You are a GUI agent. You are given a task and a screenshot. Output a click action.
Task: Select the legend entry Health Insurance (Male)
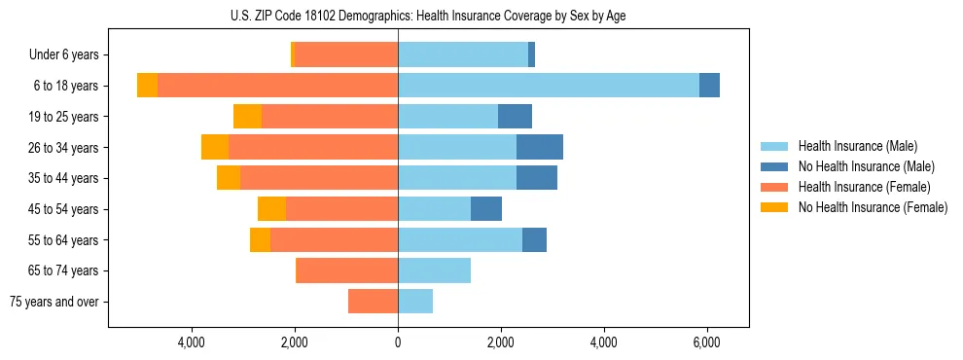click(x=857, y=146)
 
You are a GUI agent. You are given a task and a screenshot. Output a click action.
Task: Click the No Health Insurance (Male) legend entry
click(x=865, y=166)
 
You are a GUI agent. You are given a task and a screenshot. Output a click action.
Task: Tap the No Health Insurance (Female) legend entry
click(x=872, y=207)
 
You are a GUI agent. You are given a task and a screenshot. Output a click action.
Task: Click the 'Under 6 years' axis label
click(x=63, y=55)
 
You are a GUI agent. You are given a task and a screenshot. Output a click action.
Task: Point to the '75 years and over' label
click(x=54, y=302)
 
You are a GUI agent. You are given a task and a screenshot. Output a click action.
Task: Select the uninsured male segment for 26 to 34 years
click(x=540, y=147)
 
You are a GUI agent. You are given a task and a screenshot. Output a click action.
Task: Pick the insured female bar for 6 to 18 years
click(x=277, y=86)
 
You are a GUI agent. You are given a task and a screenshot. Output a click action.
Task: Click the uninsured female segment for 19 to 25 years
click(x=247, y=117)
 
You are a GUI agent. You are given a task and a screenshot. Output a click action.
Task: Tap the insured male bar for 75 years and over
click(x=415, y=302)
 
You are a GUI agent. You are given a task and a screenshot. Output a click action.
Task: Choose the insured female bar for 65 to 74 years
click(x=346, y=270)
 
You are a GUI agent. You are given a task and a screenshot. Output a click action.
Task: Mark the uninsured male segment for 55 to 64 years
click(x=534, y=240)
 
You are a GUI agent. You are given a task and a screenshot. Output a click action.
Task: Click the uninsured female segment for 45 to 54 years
click(x=271, y=209)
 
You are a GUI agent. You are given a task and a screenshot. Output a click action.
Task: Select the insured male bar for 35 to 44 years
click(x=457, y=178)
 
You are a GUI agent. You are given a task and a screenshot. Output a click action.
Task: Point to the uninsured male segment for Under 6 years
click(x=531, y=55)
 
